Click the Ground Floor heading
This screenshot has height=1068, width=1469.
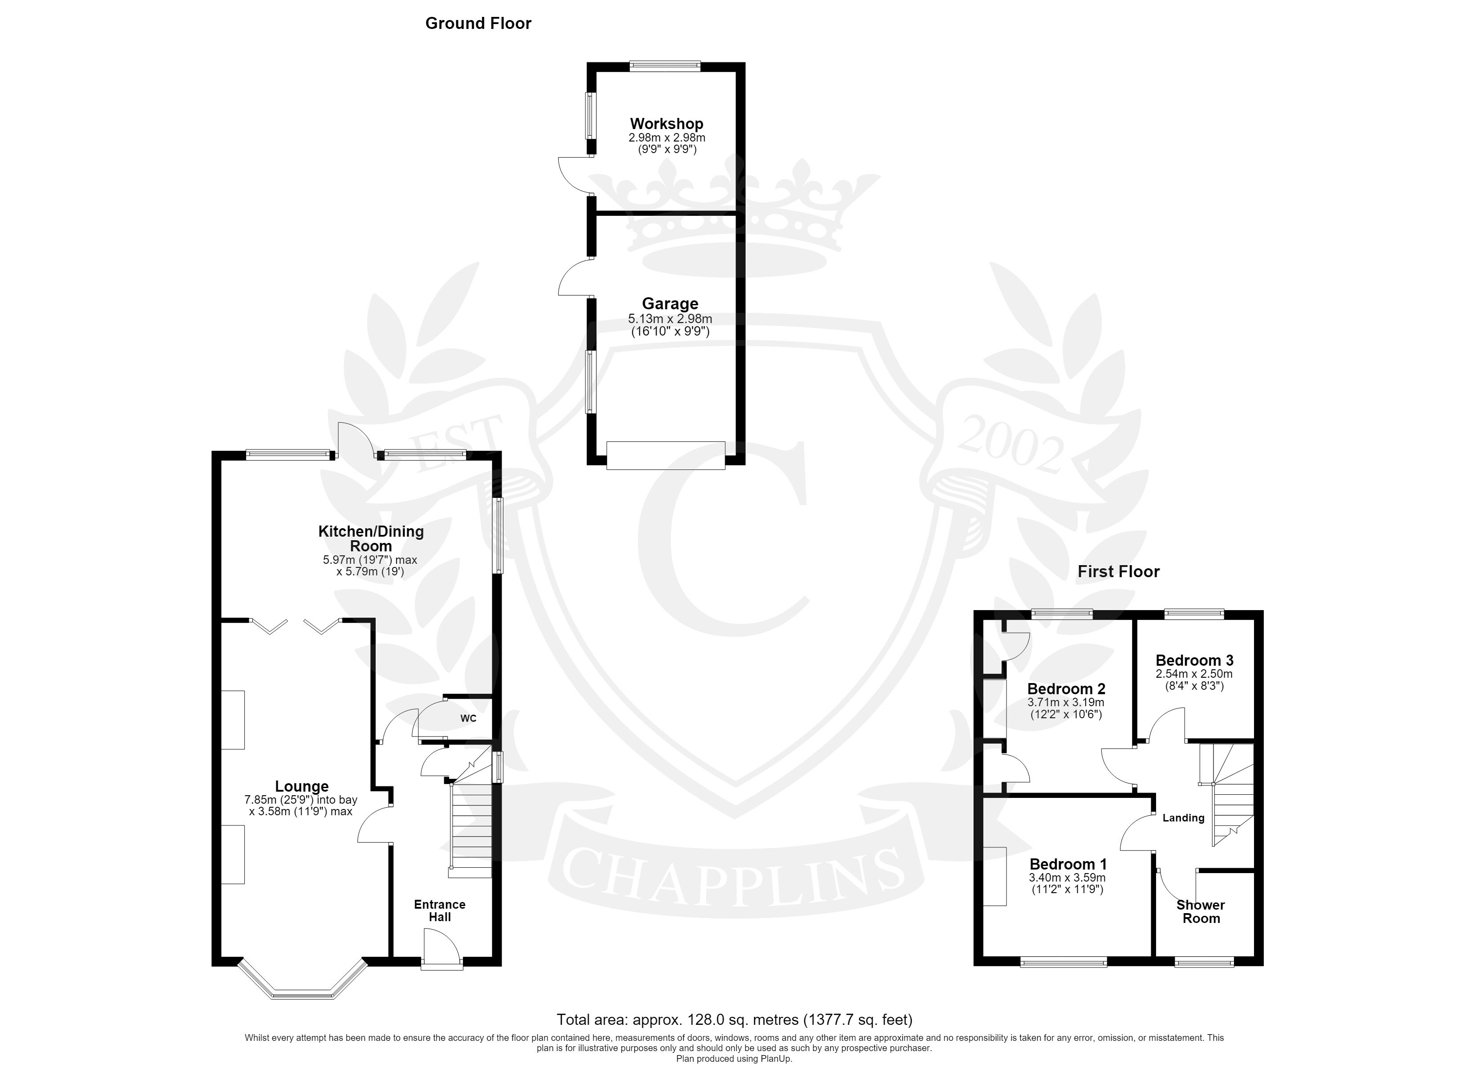(x=478, y=23)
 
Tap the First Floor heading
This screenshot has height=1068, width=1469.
(x=1119, y=571)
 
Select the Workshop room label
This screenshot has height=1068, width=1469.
(x=666, y=123)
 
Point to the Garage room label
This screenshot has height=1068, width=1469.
(x=670, y=304)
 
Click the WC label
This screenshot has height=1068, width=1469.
(x=468, y=718)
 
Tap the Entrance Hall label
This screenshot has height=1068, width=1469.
(x=440, y=910)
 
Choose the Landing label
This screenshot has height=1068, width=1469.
(x=1183, y=818)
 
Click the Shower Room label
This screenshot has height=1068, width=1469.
(x=1201, y=911)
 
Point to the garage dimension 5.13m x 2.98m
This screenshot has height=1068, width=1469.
(x=670, y=319)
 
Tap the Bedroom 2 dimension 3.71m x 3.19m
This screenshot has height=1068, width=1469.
(x=1066, y=702)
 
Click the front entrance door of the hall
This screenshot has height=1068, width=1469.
(x=442, y=950)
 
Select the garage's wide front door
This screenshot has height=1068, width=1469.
(x=666, y=455)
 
